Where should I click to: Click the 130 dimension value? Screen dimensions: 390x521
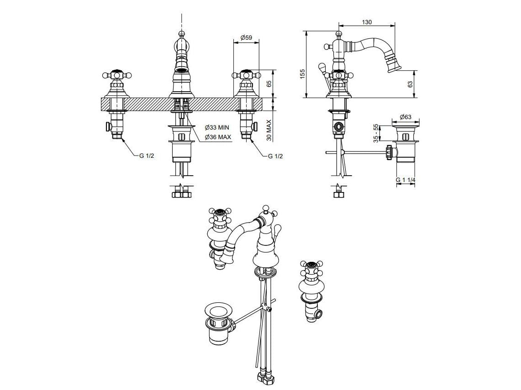[367, 22]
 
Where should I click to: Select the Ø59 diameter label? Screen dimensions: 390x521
[246, 37]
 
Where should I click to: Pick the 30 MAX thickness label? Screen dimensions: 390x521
[269, 130]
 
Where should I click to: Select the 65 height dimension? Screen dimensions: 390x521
[269, 83]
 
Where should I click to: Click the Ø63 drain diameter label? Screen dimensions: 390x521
[405, 117]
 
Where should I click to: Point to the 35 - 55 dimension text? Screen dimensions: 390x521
[376, 133]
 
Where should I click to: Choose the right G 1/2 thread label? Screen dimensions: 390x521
[276, 156]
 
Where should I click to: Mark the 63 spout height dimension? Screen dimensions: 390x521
[410, 84]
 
